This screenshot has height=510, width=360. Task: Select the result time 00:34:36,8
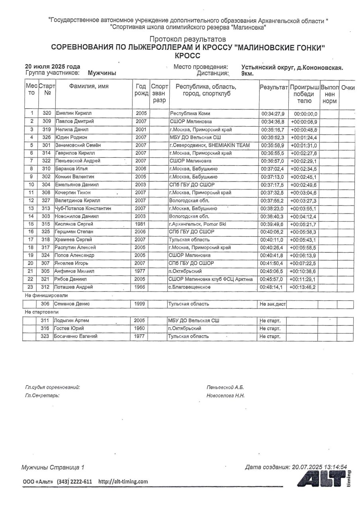click(x=272, y=122)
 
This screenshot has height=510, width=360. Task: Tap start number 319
click(x=47, y=129)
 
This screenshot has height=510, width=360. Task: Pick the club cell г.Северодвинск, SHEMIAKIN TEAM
click(x=209, y=145)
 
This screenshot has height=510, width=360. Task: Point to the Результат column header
click(x=274, y=87)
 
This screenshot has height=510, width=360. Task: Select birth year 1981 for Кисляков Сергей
click(x=141, y=224)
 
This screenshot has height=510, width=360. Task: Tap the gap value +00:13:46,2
click(x=303, y=287)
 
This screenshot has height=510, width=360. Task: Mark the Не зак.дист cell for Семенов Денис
click(x=272, y=304)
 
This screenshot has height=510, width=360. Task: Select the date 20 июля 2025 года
click(x=53, y=67)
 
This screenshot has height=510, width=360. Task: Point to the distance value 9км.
click(x=247, y=73)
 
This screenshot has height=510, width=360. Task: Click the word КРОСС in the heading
click(x=187, y=56)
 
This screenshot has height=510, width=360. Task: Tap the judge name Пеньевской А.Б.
click(x=225, y=387)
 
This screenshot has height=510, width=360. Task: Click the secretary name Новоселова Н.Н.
click(x=225, y=396)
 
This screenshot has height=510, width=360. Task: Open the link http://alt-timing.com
click(x=123, y=481)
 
